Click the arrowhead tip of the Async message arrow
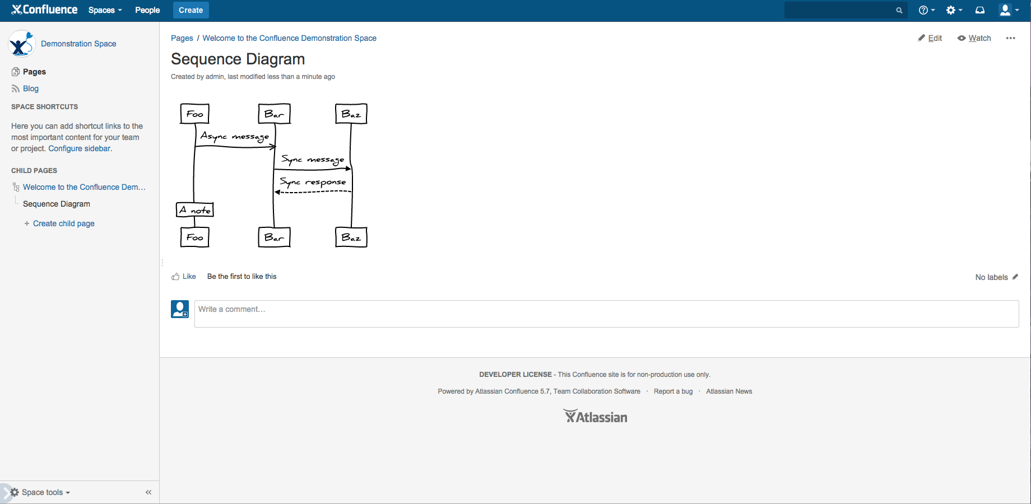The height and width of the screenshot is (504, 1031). point(276,147)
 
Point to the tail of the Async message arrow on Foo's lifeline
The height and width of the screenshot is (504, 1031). point(195,147)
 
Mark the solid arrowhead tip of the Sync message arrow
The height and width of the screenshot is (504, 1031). point(351,169)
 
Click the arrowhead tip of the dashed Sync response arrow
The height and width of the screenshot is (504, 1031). point(275,192)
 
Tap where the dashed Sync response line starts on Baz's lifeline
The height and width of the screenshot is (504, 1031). point(351,192)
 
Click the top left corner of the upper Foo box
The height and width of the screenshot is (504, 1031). point(180,104)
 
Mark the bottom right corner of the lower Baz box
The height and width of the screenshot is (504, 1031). point(367,246)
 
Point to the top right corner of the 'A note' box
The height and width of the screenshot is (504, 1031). point(213,203)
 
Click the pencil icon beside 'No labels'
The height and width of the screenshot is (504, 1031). point(1015,277)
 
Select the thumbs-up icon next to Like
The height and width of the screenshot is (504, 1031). point(175,277)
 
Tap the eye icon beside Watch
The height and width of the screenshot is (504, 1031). point(962,38)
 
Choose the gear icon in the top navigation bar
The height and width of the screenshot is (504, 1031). point(950,10)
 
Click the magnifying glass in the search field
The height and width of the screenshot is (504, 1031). point(899,10)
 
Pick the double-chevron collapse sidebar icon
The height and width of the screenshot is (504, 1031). point(148,492)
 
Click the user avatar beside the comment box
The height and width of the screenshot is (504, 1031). point(180,309)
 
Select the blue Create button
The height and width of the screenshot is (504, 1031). point(191,10)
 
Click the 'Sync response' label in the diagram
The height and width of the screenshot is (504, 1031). point(313,182)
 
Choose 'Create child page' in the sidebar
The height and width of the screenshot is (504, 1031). point(64,223)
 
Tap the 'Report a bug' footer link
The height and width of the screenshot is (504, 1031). point(673,391)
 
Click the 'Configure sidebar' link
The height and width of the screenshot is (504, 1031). point(80,148)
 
